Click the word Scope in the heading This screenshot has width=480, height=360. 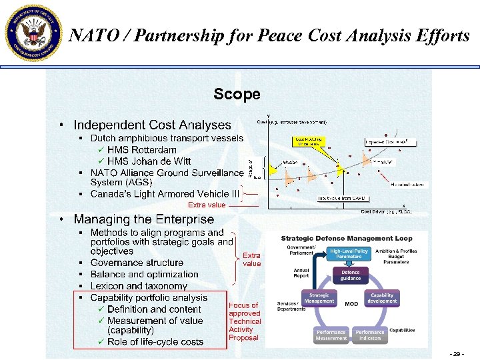coord(237,94)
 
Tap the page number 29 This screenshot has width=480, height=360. coord(457,352)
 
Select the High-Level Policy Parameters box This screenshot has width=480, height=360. coord(349,254)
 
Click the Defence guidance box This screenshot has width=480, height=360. coord(350,275)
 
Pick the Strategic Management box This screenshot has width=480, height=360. coord(319,298)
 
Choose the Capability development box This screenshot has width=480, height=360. coord(382,298)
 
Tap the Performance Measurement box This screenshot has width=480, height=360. coord(331,335)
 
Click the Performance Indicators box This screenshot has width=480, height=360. coord(369,335)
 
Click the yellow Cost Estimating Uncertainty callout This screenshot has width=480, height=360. coord(308,142)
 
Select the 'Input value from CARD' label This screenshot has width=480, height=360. coord(340,198)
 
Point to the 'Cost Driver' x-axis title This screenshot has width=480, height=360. coord(386,211)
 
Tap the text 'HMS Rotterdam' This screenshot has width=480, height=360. coord(141,150)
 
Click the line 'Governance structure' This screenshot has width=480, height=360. coord(137,263)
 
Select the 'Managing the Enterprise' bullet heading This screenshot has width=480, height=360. coord(144,219)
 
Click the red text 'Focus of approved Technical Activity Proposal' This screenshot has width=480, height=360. coord(244,321)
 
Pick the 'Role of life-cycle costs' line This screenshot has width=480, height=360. coord(155,342)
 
